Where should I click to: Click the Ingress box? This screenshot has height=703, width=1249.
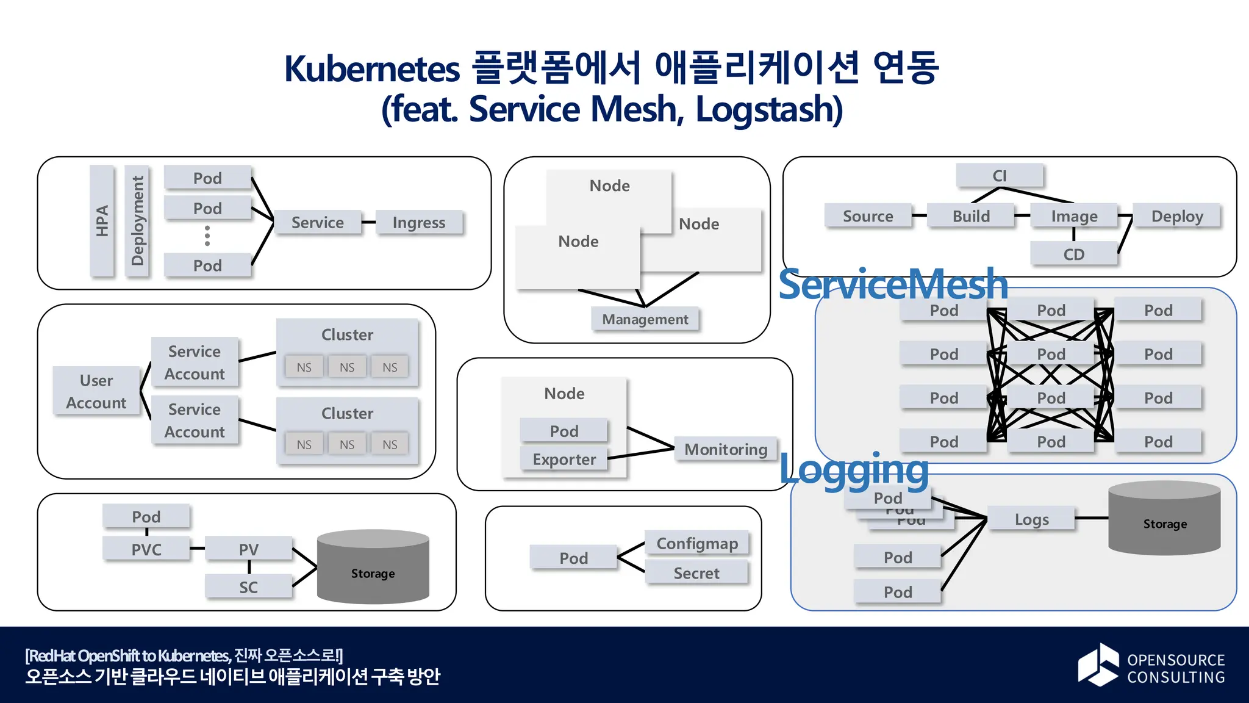[419, 223]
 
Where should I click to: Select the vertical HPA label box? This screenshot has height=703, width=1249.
[102, 221]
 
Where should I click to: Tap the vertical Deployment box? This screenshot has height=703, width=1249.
[137, 221]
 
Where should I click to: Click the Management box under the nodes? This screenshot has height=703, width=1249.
[645, 319]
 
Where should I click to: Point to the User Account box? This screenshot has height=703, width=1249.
[96, 391]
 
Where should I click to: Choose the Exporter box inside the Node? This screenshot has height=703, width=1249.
[564, 459]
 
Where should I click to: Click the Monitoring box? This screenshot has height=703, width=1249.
[725, 449]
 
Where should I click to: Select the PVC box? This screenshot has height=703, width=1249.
[146, 549]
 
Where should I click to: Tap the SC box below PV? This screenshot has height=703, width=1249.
[248, 587]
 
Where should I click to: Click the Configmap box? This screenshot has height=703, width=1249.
[697, 543]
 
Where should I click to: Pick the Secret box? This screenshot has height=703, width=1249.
[696, 573]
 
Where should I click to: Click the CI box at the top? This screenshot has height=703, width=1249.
[1000, 176]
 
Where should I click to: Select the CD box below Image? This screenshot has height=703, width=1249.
[1073, 254]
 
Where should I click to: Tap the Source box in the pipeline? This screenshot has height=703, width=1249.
[868, 216]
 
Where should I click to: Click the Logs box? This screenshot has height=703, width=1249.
[1031, 519]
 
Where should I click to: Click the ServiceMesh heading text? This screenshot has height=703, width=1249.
[893, 284]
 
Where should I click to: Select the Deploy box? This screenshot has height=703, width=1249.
[1176, 216]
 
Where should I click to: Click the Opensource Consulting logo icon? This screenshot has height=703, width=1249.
[1098, 665]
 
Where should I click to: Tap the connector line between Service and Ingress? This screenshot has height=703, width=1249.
[368, 222]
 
